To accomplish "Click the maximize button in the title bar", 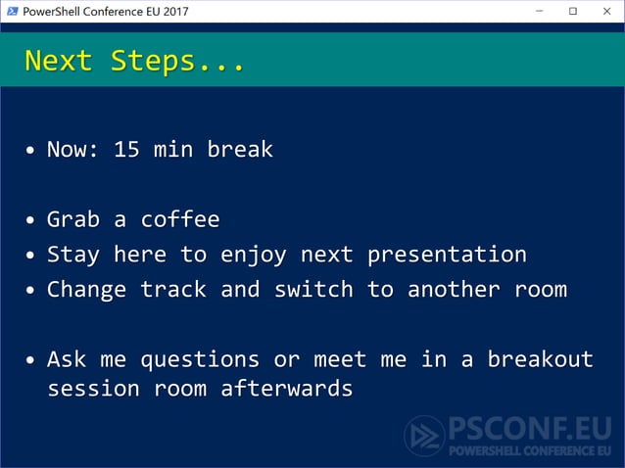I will pyautogui.click(x=573, y=11).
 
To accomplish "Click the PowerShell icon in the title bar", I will pyautogui.click(x=11, y=11).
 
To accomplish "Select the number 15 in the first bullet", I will pyautogui.click(x=126, y=150).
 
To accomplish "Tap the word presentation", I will pyautogui.click(x=447, y=255).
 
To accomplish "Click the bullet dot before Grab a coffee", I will pyautogui.click(x=32, y=220).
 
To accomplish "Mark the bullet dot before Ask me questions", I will pyautogui.click(x=32, y=360).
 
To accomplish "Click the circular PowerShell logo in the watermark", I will pyautogui.click(x=424, y=436).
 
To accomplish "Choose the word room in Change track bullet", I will pyautogui.click(x=540, y=290).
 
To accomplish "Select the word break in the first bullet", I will pyautogui.click(x=240, y=150).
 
